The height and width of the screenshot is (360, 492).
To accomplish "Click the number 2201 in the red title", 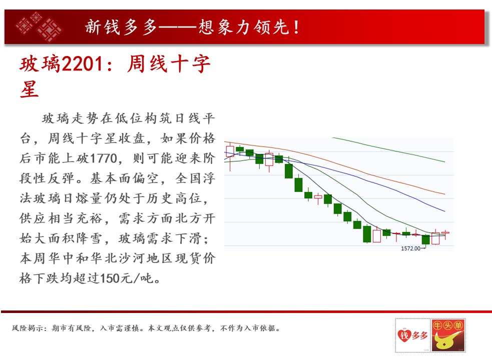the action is tap(82, 64).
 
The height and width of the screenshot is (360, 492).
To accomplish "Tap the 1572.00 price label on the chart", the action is tap(410, 248).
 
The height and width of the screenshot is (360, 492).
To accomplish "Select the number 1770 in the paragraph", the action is tap(104, 158).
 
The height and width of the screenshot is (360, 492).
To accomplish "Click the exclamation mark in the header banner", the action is tap(296, 27).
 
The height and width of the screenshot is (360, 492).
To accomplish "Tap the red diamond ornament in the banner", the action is tap(39, 26).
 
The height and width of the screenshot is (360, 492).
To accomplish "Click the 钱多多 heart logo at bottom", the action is tap(412, 335).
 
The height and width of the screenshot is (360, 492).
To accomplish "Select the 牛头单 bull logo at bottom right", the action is tap(448, 335).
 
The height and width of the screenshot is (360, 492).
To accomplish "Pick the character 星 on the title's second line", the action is tap(30, 89).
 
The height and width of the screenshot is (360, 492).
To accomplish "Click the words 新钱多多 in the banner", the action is tap(121, 27).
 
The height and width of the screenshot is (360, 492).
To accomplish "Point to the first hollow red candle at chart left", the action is tap(230, 151).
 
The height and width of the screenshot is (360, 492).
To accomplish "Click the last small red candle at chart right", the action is tap(445, 232).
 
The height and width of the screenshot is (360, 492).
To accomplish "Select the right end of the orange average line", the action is tap(445, 194).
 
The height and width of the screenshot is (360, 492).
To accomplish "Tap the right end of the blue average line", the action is tap(445, 211).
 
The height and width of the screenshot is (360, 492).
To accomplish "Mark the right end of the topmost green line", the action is tap(445, 162).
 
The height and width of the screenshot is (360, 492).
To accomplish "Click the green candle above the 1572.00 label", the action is tap(426, 240).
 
